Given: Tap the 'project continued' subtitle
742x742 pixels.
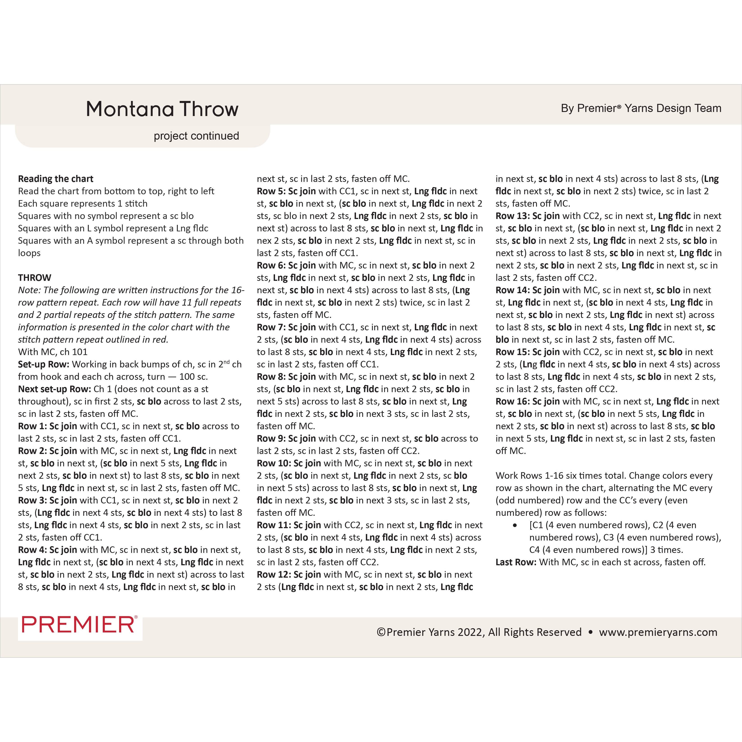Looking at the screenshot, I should [x=196, y=136].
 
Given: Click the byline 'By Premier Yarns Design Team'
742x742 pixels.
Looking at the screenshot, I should [x=641, y=108].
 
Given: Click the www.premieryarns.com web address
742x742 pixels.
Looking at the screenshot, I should [x=658, y=632].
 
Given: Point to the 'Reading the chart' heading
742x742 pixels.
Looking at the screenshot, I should [x=56, y=179].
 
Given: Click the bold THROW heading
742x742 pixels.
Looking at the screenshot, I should [x=35, y=278].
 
